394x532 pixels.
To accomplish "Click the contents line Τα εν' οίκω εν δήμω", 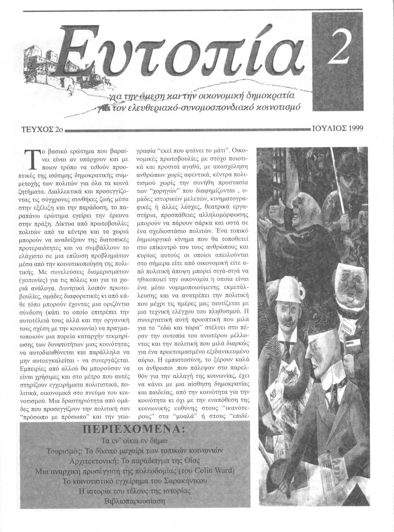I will tap(134, 440).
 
